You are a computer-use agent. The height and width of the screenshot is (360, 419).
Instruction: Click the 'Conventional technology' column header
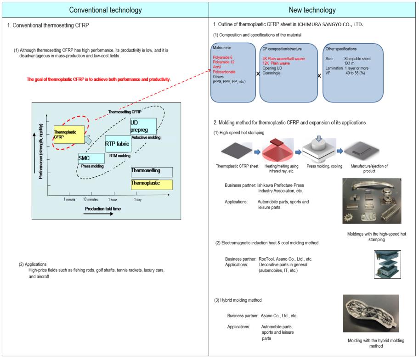coord(105,9)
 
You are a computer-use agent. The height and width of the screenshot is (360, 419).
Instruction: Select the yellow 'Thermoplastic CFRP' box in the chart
coord(69,134)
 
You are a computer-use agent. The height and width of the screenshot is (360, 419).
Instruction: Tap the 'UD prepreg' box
coord(143,126)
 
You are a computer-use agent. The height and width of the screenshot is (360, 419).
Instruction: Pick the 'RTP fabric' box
coord(118,144)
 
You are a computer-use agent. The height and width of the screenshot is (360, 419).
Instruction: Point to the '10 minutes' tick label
coord(91,199)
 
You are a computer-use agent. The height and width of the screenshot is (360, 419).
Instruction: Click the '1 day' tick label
coord(138,199)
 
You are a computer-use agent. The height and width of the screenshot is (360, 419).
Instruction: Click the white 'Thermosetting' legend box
coord(152,172)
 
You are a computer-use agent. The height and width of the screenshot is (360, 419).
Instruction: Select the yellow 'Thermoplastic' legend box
coord(152,185)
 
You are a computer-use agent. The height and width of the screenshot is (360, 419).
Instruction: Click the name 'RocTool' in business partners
coord(268,259)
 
